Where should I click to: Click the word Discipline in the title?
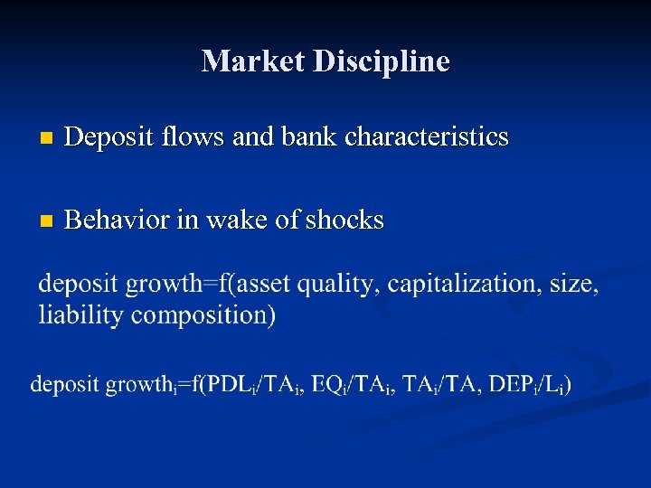pos(381,61)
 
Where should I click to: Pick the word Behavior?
pos(120,220)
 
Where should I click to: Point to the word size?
pos(574,285)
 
